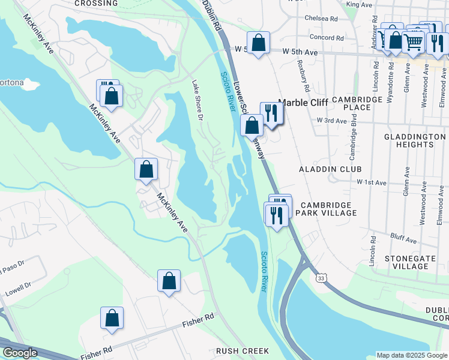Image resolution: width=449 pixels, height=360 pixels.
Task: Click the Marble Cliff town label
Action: tap(303, 103)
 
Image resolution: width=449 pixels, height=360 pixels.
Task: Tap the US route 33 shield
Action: tap(322, 278)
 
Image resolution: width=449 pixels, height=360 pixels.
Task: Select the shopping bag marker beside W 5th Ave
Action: tap(258, 44)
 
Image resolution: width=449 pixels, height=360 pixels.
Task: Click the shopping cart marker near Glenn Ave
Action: tap(413, 41)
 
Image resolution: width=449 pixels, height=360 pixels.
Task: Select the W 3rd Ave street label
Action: tap(332, 121)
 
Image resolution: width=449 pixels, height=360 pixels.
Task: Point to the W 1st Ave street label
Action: tap(372, 181)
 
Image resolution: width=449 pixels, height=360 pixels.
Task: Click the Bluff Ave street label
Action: tap(403, 240)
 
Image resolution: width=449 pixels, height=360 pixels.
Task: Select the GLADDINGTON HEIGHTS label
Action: tap(414, 141)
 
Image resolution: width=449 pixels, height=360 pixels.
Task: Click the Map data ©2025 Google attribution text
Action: tap(411, 355)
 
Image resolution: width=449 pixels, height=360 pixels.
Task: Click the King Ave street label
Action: tap(360, 5)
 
